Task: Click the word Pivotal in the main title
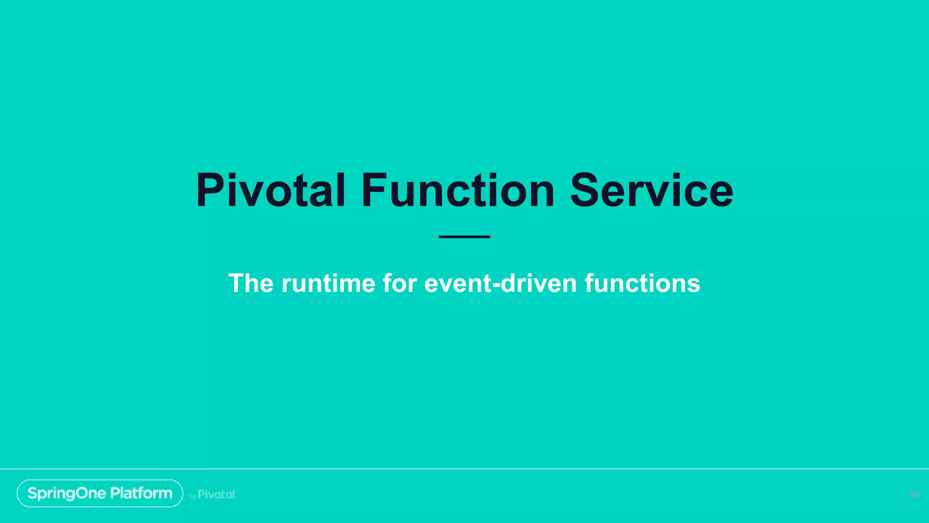pyautogui.click(x=270, y=191)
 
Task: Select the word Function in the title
pyautogui.click(x=457, y=191)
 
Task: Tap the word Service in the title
pyautogui.click(x=651, y=191)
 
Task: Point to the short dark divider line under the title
pyautogui.click(x=464, y=237)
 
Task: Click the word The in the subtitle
pyautogui.click(x=251, y=283)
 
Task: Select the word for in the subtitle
pyautogui.click(x=400, y=283)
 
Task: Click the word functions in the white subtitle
pyautogui.click(x=642, y=283)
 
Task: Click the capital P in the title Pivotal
pyautogui.click(x=210, y=191)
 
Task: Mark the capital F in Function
pyautogui.click(x=375, y=191)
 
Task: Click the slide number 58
pyautogui.click(x=914, y=494)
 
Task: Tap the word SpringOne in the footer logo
pyautogui.click(x=67, y=493)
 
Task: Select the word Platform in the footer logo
pyautogui.click(x=141, y=493)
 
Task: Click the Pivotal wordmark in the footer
pyautogui.click(x=216, y=494)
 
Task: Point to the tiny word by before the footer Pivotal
pyautogui.click(x=192, y=497)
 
